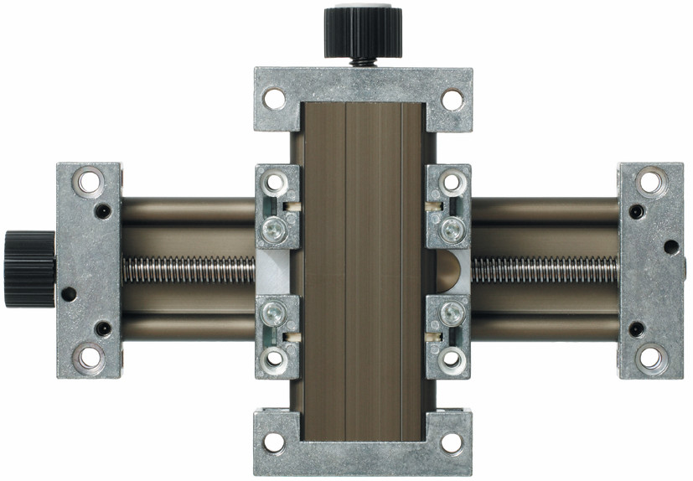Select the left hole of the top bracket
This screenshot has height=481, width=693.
pos(273,99)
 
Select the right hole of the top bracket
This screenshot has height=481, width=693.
pos(453,99)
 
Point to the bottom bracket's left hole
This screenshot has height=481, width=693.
pos(273,442)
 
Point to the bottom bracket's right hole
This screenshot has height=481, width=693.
pos(453,442)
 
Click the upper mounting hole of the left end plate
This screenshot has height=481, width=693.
pos(88,181)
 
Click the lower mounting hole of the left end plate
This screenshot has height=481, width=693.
pos(88,358)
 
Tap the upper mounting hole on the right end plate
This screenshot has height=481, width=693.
pos(649,181)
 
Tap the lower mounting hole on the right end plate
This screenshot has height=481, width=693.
pos(649,358)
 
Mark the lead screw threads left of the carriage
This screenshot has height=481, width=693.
pos(189,269)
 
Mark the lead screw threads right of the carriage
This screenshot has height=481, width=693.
pos(545,269)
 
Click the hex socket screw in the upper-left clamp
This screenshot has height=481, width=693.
pos(274,228)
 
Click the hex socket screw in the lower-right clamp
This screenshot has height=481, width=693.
pos(452,314)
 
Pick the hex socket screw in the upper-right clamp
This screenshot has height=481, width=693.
pos(452,227)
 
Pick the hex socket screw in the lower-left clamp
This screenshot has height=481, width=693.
pos(274,314)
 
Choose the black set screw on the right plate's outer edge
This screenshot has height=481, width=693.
pos(671,246)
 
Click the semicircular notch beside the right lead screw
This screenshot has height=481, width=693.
pos(449,270)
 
